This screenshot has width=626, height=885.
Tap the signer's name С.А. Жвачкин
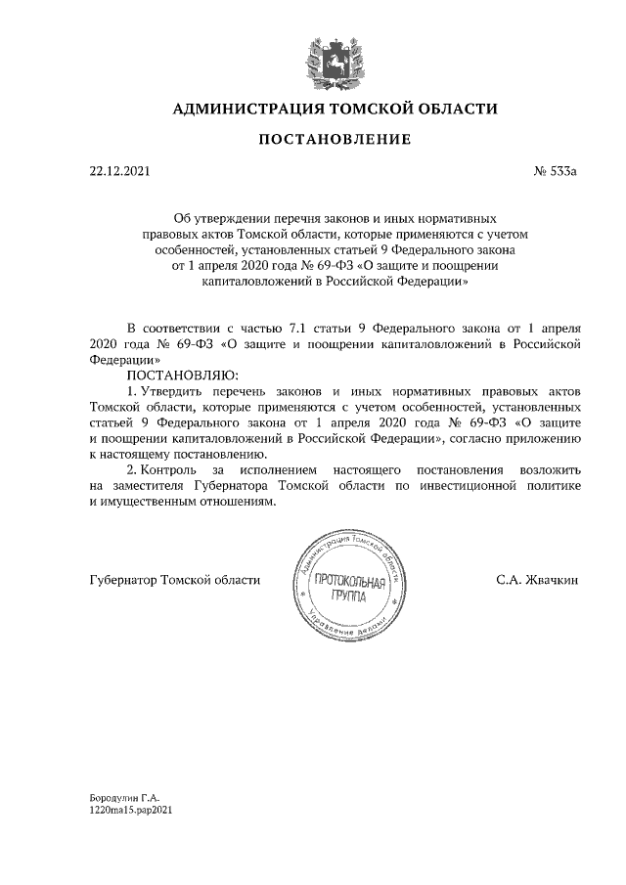tap(538, 580)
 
